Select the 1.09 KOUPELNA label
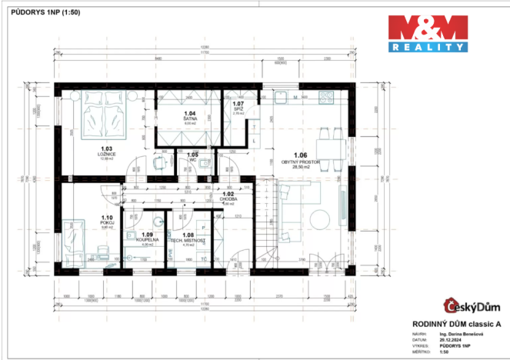click(146, 237)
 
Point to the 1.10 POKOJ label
click(106, 220)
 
